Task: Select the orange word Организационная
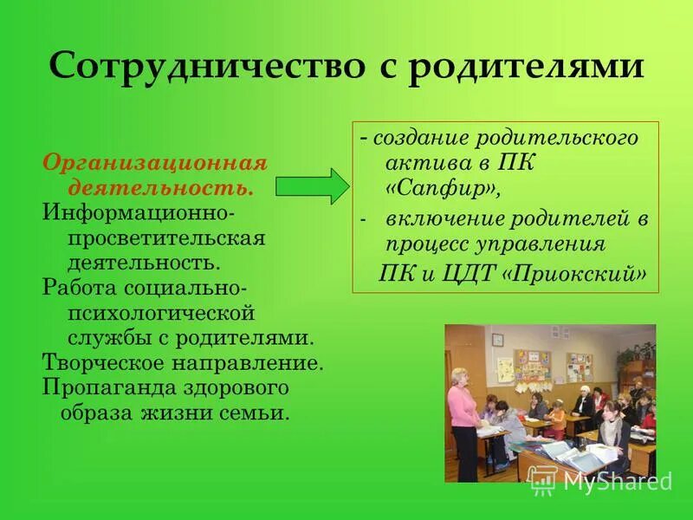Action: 155,164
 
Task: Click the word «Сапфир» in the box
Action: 442,187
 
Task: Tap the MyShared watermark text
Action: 616,481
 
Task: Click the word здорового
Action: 232,387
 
